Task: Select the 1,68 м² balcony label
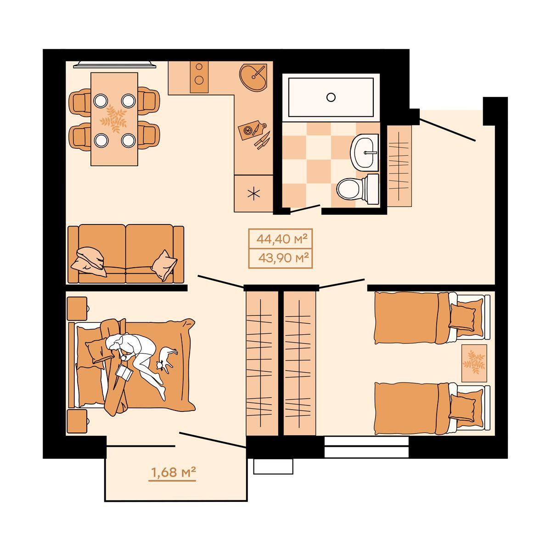173,472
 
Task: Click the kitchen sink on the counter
253,78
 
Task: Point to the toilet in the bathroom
357,189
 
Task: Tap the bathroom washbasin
365,153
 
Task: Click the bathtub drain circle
331,97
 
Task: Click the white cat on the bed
166,359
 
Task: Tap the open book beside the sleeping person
124,372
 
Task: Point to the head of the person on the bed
114,342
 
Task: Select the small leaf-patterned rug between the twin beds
474,363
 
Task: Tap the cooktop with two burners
199,77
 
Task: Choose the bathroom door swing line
305,208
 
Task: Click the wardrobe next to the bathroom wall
399,166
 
